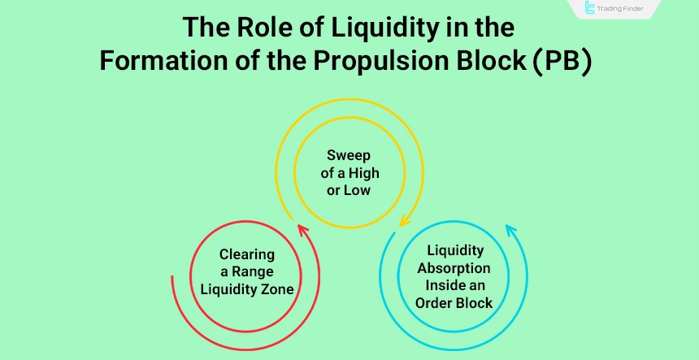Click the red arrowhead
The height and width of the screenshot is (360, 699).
(302, 231)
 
